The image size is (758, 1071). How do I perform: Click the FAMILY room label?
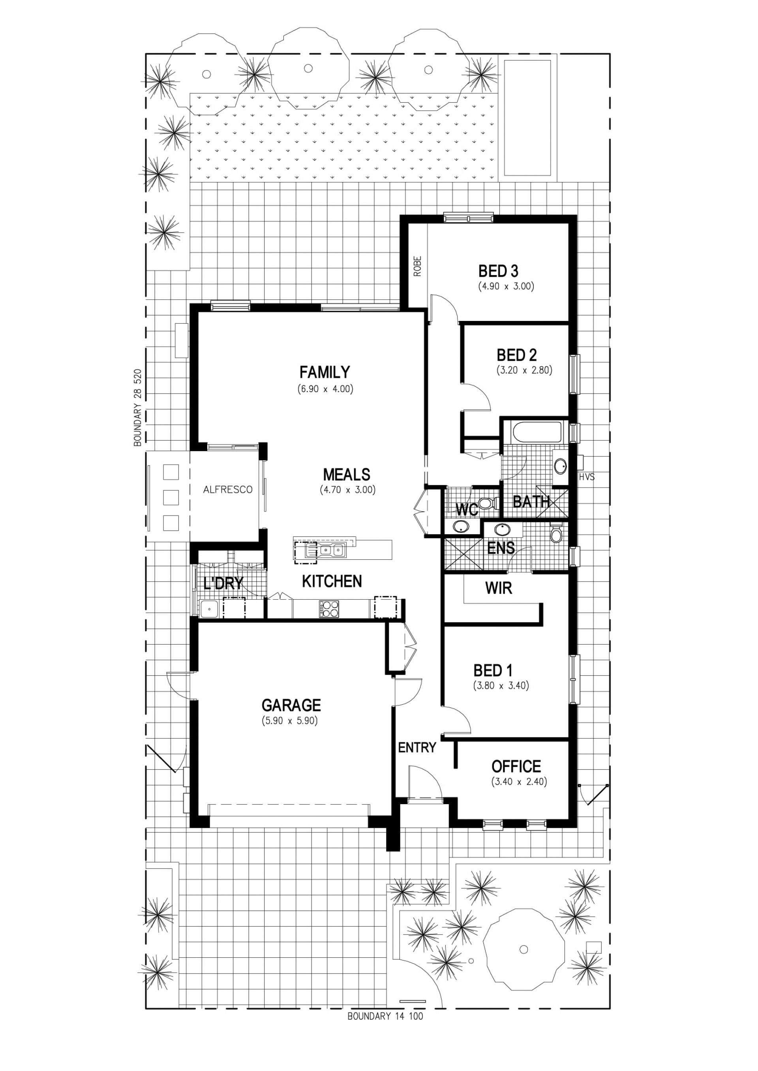pyautogui.click(x=325, y=372)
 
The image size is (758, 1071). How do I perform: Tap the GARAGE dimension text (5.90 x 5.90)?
pyautogui.click(x=289, y=720)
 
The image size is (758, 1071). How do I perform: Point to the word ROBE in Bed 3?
pyautogui.click(x=417, y=266)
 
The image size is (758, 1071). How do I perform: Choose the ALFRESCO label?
pyautogui.click(x=228, y=490)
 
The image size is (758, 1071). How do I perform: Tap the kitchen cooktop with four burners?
pyautogui.click(x=328, y=609)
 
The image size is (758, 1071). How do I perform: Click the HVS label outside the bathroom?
pyautogui.click(x=587, y=477)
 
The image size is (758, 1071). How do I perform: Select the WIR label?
pyautogui.click(x=499, y=588)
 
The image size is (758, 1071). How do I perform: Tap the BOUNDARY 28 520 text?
pyautogui.click(x=137, y=408)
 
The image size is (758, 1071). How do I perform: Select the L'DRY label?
pyautogui.click(x=223, y=583)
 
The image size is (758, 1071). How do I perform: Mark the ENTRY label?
pyautogui.click(x=417, y=748)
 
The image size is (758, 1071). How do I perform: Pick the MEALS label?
pyautogui.click(x=346, y=475)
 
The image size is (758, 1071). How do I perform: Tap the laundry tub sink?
pyautogui.click(x=209, y=609)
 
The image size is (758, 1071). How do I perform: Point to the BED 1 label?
pyautogui.click(x=493, y=671)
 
